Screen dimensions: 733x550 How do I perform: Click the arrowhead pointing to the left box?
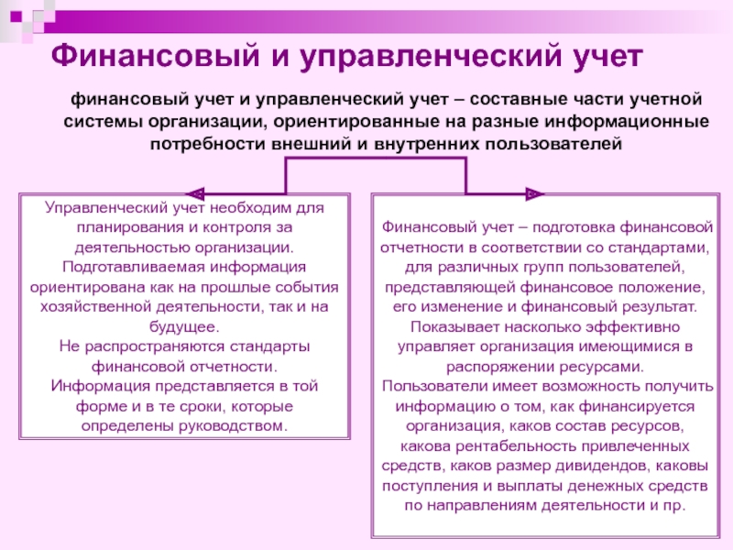pyautogui.click(x=194, y=193)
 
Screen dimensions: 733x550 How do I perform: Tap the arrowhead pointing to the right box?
pyautogui.click(x=535, y=193)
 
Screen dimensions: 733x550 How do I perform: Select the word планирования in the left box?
pyautogui.click(x=128, y=228)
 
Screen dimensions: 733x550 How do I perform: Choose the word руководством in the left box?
pyautogui.click(x=237, y=426)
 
